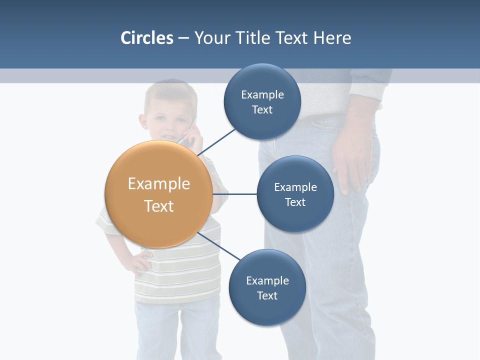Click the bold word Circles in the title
pyautogui.click(x=146, y=38)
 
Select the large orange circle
pyautogui.click(x=159, y=194)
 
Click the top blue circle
pyautogui.click(x=262, y=101)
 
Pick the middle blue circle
pyautogui.click(x=295, y=194)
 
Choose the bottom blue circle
pyautogui.click(x=267, y=287)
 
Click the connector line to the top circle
pyautogui.click(x=217, y=142)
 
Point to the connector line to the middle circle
pyautogui.click(x=235, y=194)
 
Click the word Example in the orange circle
pyautogui.click(x=159, y=183)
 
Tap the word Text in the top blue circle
pyautogui.click(x=262, y=110)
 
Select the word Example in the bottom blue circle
pyautogui.click(x=267, y=280)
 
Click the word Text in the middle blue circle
pyautogui.click(x=295, y=202)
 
